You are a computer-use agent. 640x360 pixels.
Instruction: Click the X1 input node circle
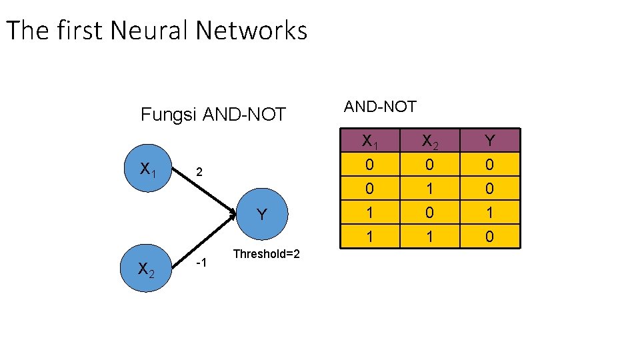pos(148,168)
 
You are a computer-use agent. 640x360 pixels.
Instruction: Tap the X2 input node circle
pos(147,268)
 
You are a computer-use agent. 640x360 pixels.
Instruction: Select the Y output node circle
pos(261,214)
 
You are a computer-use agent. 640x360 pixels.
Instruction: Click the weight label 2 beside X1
pos(198,173)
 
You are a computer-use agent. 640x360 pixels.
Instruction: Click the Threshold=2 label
pos(266,254)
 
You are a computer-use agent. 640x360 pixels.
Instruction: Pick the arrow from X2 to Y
pos(207,243)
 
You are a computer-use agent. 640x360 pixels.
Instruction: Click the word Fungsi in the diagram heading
pos(169,115)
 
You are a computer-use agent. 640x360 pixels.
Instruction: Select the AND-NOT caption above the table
pos(379,106)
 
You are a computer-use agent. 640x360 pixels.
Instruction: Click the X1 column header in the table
pos(369,141)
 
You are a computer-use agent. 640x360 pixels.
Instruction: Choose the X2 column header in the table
pos(429,141)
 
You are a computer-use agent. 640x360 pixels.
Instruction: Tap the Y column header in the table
pos(489,141)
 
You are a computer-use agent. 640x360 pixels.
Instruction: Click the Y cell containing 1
pos(489,213)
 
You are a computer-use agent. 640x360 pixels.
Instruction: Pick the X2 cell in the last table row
pos(429,236)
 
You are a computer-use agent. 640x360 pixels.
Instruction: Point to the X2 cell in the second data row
pos(429,189)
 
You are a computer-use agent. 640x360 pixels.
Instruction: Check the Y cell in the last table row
pos(489,236)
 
